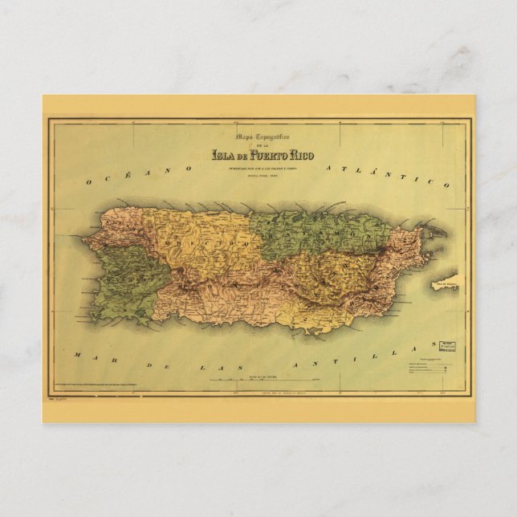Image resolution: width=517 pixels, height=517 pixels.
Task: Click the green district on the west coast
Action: tap(128, 277)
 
